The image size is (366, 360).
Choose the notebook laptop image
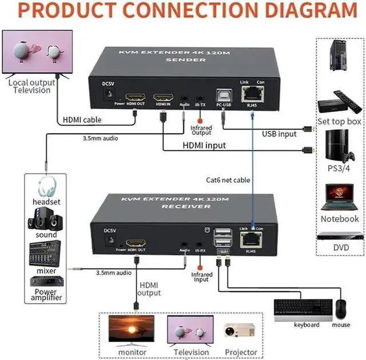coord(339,198)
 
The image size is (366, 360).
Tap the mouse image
coord(341,309)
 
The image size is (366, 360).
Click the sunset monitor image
coord(132,331)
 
